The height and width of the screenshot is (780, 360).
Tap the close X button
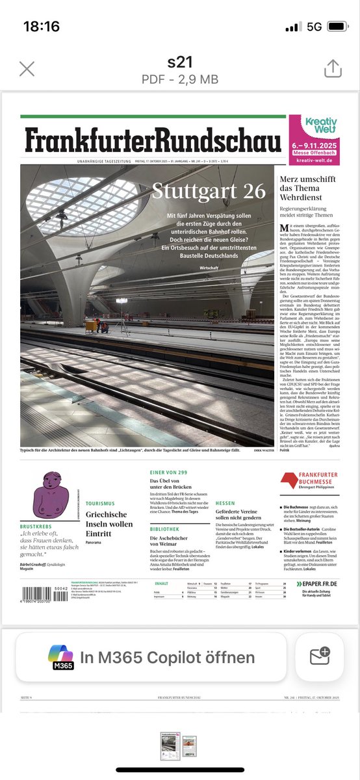coord(27,69)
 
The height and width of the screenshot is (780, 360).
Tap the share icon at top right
coord(333,68)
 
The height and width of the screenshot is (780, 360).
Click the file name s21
coord(180,63)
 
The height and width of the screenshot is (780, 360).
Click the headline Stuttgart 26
coord(209,191)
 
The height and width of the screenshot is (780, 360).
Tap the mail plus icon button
coord(320,656)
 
